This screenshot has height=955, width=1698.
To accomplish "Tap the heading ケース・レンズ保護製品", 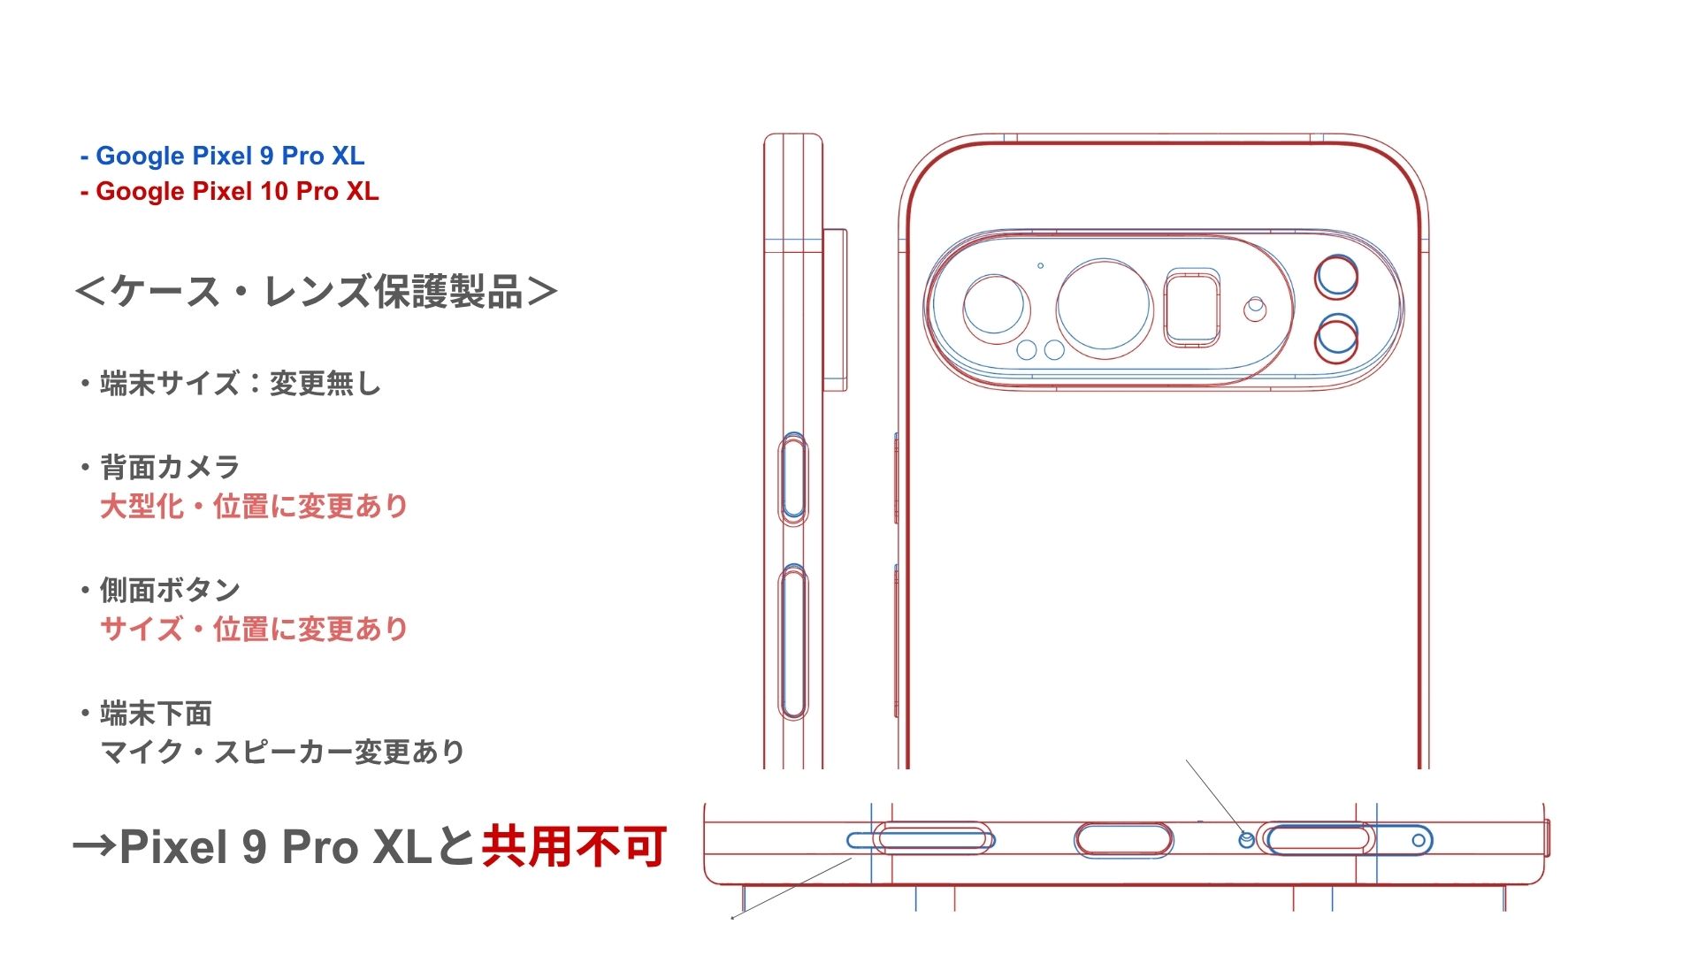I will point(317,292).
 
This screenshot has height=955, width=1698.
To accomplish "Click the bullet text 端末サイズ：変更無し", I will point(240,384).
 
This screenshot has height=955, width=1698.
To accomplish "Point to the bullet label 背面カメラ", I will point(170,467).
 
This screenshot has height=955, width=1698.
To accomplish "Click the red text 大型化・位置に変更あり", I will point(254,507).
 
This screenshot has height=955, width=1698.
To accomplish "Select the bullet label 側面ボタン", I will point(170,590).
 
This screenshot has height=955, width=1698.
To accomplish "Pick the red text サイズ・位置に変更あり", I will point(254,630).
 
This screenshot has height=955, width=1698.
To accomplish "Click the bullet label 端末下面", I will point(156,713).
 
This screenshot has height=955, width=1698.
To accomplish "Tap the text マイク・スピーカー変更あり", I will point(282,753).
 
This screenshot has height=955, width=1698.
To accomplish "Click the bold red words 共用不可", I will point(574,846).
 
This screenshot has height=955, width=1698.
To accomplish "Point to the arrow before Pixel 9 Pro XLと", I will point(95,846).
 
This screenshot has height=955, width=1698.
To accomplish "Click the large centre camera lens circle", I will point(1105,304).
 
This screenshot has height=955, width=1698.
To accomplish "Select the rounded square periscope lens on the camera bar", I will point(1191,308).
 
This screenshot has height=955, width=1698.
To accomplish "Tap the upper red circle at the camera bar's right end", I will point(1336,276).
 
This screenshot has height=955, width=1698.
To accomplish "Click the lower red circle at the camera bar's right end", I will point(1336,339).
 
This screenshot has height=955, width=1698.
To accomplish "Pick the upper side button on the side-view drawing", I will point(793,478).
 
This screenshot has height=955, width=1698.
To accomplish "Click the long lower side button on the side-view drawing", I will point(793,643).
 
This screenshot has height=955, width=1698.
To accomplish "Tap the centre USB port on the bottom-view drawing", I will point(1124,839).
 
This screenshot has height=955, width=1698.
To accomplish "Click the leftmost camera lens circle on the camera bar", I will point(996,306).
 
